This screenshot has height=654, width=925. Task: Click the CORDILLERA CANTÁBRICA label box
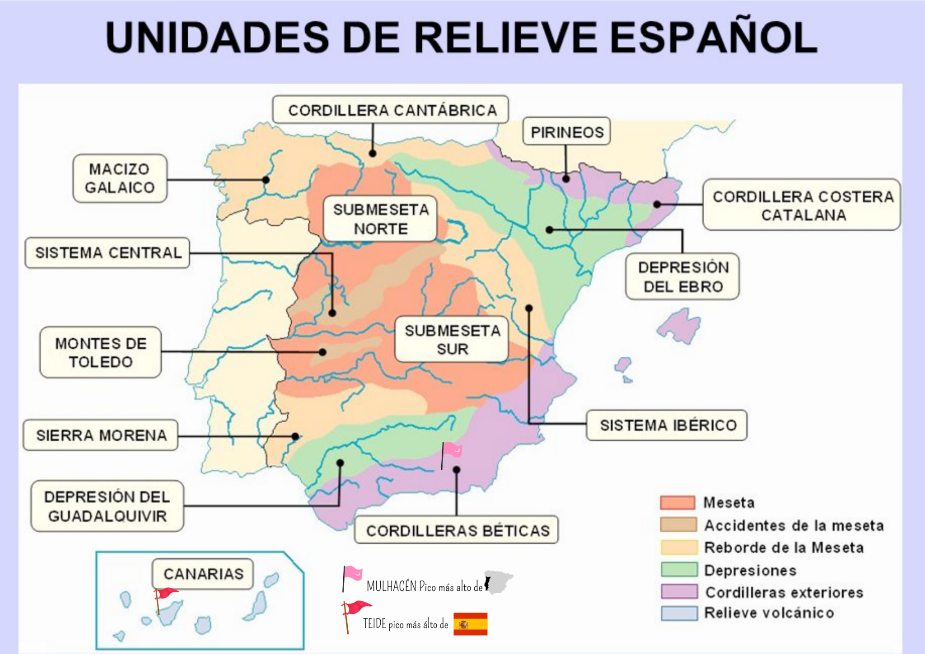pos(391,110)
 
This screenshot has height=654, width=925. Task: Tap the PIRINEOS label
pos(566,132)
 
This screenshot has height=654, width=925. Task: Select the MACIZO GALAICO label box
pos(120,178)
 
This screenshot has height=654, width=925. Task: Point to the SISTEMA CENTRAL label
pos(107,253)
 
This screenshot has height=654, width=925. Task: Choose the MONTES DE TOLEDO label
pos(101,352)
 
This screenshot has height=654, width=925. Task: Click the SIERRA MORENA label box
pos(101,435)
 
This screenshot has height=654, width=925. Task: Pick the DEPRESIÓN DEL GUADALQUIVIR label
pos(107,506)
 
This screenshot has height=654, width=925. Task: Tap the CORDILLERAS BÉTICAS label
pos(457,530)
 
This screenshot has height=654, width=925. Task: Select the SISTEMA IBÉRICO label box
pos(667,425)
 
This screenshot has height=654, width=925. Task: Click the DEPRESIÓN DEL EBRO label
pos(682,276)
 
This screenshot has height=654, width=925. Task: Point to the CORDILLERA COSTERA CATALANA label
pos(802,205)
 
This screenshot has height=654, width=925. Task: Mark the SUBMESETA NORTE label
pos(380,219)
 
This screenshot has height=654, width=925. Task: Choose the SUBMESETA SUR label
pos(452,340)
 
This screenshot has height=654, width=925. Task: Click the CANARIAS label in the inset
pos(203,574)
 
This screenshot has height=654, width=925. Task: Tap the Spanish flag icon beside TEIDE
pos(470,624)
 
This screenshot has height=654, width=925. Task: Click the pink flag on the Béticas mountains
pos(451,451)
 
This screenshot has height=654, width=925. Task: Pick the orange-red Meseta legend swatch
pos(677,502)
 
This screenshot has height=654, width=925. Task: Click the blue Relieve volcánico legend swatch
pos(679,613)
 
